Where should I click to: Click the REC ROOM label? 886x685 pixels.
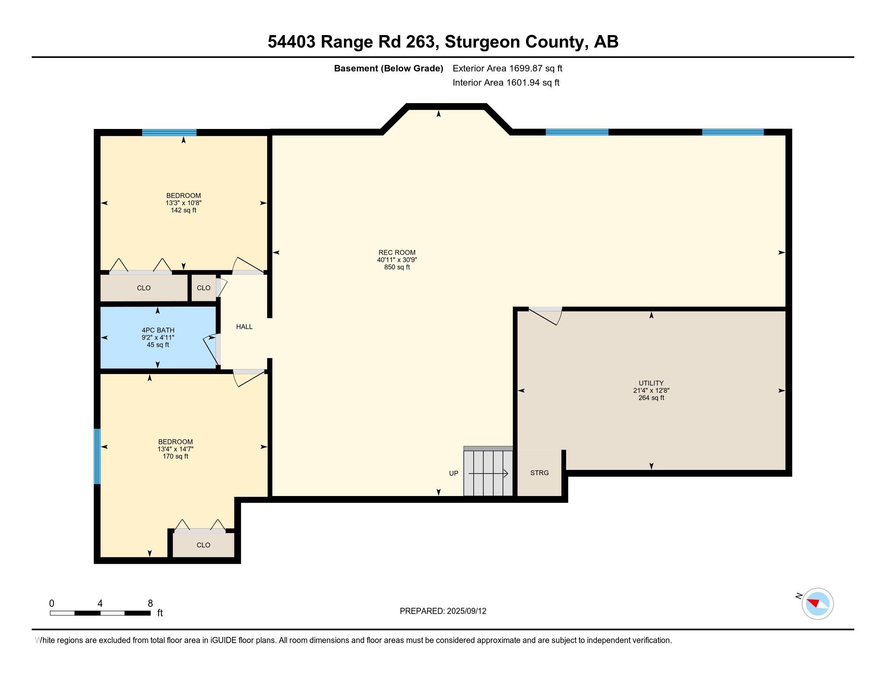tap(397, 252)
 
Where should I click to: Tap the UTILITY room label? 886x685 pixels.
tap(651, 383)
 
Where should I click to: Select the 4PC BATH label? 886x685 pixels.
tap(158, 330)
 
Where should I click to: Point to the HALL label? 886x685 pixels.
tap(244, 327)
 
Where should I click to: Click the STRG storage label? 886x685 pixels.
tap(540, 473)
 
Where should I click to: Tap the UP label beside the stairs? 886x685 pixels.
tap(453, 473)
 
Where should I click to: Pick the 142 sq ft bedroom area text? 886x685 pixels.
tap(183, 210)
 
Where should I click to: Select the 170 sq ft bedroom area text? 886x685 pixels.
tap(175, 457)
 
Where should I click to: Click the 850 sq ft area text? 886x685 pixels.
tap(397, 267)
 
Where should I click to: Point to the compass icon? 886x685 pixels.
tap(818, 604)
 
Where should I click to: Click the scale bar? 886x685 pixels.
tap(100, 613)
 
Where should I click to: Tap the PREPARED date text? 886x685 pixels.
tap(443, 611)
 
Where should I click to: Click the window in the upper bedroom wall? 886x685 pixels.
tap(169, 132)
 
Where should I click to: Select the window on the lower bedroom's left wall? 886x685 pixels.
tap(97, 457)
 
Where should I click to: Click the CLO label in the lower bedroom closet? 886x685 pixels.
tap(203, 545)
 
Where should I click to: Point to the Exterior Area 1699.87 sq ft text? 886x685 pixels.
tap(507, 68)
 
